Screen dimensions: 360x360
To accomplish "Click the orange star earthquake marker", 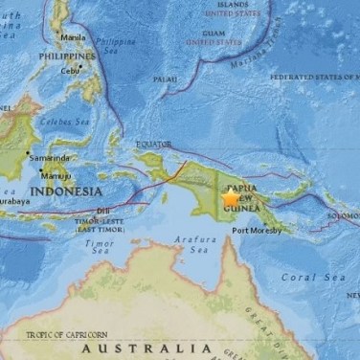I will [232, 198].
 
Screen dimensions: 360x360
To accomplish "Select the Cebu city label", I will [69, 71].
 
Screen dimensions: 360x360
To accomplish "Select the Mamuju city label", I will [55, 175].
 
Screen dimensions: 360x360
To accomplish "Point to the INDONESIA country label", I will [66, 191].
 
